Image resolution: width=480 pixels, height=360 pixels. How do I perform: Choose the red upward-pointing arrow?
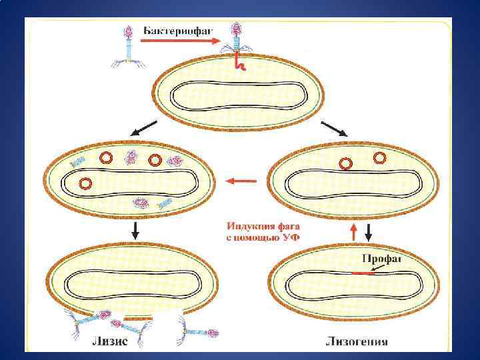pos(353,232)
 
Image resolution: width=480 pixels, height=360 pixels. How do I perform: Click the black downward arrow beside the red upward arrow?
pos(368,232)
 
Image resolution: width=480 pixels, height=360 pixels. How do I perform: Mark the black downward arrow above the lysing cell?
pos(136,231)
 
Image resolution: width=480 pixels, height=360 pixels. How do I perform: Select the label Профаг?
pos(381,259)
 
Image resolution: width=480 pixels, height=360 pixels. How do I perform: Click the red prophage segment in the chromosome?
pos(363,273)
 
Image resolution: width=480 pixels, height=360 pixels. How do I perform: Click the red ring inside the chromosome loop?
pos(85,183)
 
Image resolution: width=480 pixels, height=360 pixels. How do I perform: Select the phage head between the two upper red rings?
pos(131,158)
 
